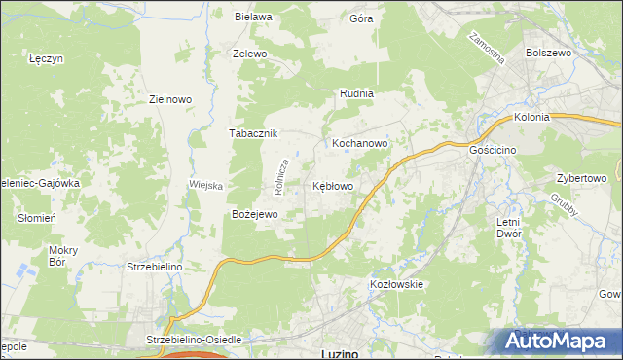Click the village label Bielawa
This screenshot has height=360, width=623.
pyautogui.click(x=251, y=17)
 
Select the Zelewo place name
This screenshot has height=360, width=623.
pyautogui.click(x=249, y=54)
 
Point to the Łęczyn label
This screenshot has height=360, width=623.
pyautogui.click(x=46, y=58)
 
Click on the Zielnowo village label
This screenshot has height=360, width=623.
pyautogui.click(x=169, y=99)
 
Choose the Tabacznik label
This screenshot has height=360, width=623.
pyautogui.click(x=253, y=133)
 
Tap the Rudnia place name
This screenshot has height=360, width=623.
pyautogui.click(x=356, y=94)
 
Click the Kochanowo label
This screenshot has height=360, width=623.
pyautogui.click(x=360, y=143)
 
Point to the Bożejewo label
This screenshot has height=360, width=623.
pyautogui.click(x=255, y=214)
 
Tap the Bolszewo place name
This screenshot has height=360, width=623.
pyautogui.click(x=547, y=54)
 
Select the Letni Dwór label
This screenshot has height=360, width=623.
pyautogui.click(x=508, y=228)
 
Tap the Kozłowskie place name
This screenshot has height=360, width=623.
pyautogui.click(x=396, y=284)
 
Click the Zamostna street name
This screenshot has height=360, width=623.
pyautogui.click(x=486, y=48)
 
